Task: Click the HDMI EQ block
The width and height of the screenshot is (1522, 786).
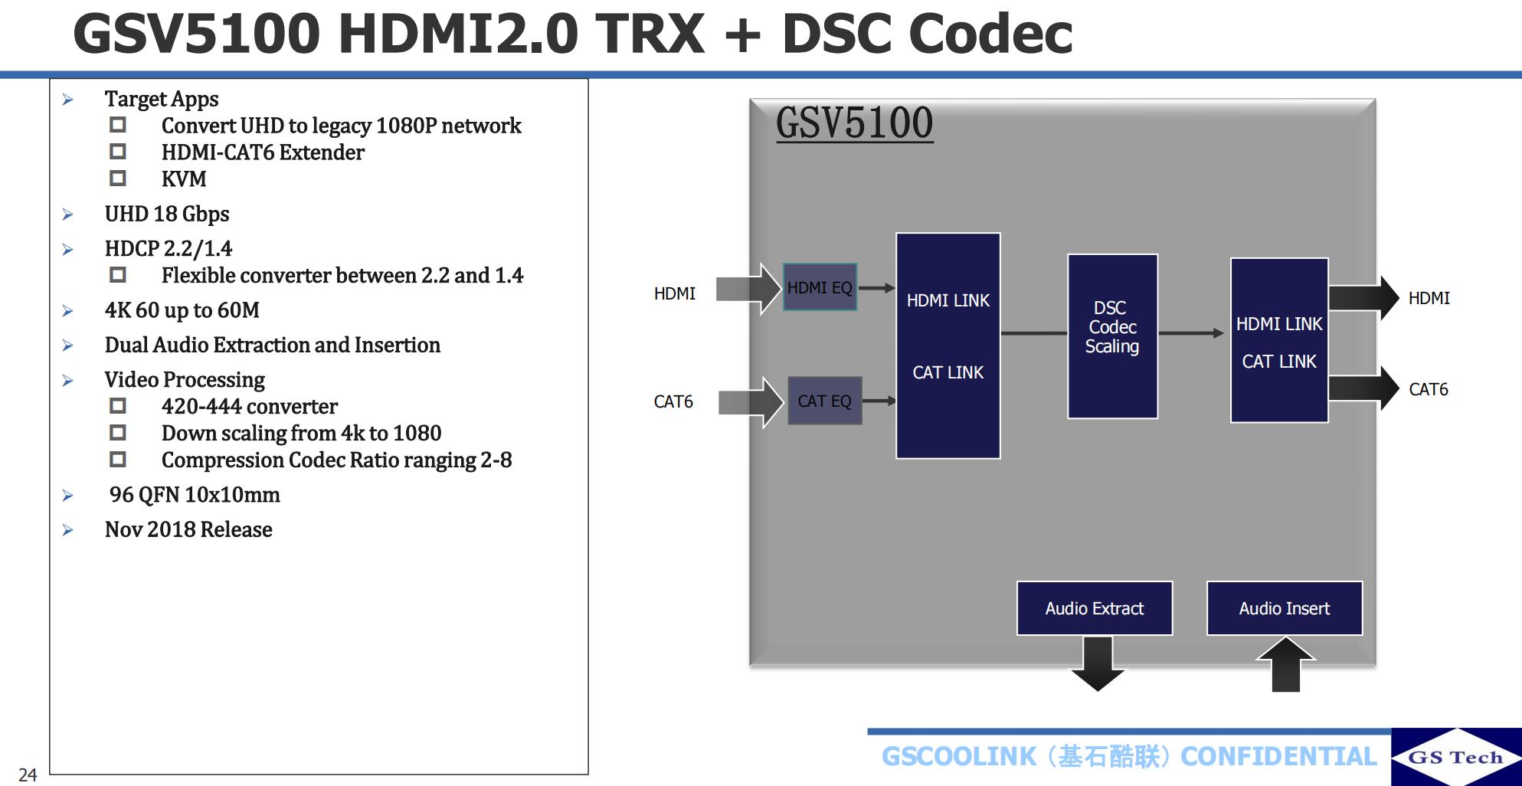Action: (x=820, y=287)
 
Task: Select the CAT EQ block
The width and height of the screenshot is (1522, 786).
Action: (x=824, y=401)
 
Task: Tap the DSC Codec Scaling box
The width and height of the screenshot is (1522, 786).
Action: (x=1112, y=336)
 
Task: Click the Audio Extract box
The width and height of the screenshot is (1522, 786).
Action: (x=1094, y=608)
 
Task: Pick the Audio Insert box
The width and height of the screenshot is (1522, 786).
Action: (x=1284, y=608)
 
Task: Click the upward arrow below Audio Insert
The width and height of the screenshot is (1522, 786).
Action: (x=1286, y=664)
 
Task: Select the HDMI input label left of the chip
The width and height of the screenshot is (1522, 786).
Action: (x=674, y=293)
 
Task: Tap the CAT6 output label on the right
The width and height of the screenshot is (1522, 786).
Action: (x=1428, y=389)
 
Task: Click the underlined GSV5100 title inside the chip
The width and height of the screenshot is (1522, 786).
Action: (x=854, y=123)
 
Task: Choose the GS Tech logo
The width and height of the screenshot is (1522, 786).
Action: (x=1455, y=757)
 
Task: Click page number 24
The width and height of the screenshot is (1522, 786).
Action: (x=28, y=775)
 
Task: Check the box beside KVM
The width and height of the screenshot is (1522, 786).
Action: (x=118, y=178)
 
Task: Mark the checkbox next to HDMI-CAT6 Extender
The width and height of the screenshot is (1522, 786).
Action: (x=118, y=152)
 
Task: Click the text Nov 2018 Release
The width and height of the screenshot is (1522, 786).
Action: (x=188, y=529)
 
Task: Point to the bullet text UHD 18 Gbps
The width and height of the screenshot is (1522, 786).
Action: (x=167, y=214)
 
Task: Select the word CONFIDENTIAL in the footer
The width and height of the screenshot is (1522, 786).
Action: (x=1278, y=757)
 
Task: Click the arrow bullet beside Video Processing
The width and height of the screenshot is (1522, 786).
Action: (x=68, y=381)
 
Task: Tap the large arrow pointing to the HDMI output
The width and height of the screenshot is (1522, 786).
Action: (x=1363, y=298)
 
